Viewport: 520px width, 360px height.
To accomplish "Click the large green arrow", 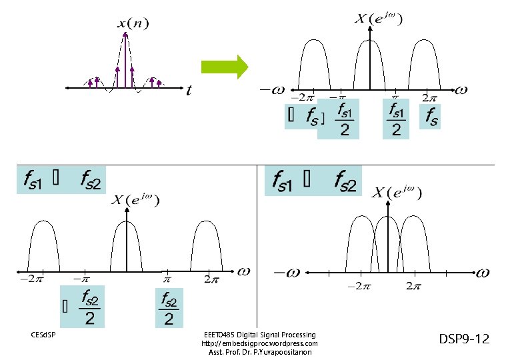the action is (x=224, y=67).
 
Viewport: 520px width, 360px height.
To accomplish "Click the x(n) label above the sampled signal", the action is (x=133, y=24).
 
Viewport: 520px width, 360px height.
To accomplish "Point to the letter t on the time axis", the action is (x=189, y=91).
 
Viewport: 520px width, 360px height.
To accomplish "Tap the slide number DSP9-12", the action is (x=464, y=339).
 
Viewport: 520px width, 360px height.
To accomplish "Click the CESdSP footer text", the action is (x=43, y=334).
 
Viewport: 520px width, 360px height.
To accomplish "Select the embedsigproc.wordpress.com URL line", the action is (x=259, y=343).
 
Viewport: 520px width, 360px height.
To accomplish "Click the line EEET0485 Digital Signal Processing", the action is (x=259, y=335).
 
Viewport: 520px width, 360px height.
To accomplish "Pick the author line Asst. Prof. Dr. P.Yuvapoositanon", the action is (x=259, y=352).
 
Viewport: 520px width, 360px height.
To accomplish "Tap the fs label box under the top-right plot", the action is (x=431, y=118).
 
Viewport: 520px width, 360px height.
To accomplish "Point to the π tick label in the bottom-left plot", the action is (x=167, y=279).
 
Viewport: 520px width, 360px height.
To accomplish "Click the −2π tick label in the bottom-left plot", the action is (x=31, y=279).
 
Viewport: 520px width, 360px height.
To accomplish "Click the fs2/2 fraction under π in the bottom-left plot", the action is (x=169, y=309).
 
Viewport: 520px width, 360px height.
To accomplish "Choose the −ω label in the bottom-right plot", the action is (x=287, y=272).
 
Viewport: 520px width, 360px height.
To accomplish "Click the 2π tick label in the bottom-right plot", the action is (x=413, y=287).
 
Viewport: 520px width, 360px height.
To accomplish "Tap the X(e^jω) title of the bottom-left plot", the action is (x=135, y=199).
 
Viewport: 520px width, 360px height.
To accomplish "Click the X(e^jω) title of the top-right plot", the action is (x=378, y=19).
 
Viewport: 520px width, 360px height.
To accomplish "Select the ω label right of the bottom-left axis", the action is (x=243, y=271).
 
